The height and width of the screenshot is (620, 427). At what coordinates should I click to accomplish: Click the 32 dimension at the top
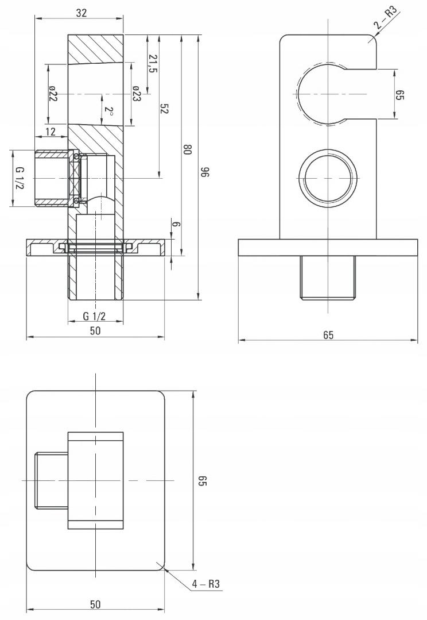coord(81,13)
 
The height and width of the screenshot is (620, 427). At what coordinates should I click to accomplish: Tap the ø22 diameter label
coord(53,94)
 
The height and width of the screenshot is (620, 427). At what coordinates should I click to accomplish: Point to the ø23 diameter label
coord(137,94)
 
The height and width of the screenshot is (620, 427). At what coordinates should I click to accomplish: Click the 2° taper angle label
coord(108,111)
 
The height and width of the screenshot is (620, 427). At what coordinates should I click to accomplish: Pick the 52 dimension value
coord(165,109)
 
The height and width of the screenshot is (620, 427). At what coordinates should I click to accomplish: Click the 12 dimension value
coord(51,132)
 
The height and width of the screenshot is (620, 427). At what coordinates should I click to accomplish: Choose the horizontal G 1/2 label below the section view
coord(95,316)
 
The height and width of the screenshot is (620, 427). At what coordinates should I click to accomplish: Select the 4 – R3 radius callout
coord(207,584)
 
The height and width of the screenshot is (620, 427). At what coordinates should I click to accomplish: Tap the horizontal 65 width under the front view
coord(328,335)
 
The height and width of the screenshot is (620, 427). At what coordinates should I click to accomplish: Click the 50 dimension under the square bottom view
coord(95,604)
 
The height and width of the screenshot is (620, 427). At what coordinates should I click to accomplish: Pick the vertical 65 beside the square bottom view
coord(201,480)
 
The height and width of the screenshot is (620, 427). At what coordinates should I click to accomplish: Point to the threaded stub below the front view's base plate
coord(328,278)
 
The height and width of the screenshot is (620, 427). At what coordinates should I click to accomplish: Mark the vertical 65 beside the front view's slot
coord(400,95)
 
